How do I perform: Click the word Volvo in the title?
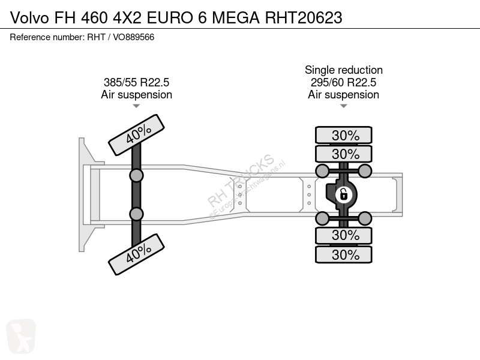coord(29,18)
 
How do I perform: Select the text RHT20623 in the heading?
coord(304,18)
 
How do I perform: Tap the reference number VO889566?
coord(133,37)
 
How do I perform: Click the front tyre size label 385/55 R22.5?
coord(137,82)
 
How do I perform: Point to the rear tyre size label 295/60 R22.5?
coord(343,82)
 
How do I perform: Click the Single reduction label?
coord(344,70)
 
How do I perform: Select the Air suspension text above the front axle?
coord(137,95)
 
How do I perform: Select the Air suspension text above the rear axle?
coord(343,95)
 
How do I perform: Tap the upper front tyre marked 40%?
coord(137,135)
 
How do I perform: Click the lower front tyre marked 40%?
coord(137,254)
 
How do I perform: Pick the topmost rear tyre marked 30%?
coord(344,135)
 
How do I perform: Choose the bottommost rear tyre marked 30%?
coord(344,254)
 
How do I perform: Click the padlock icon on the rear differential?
coord(343,194)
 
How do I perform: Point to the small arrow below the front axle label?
coord(136,106)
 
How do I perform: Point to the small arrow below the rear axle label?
coord(343,106)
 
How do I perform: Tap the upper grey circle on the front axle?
coord(137,176)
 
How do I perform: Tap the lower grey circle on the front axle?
coord(137,214)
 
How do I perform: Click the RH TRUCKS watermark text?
coord(241,181)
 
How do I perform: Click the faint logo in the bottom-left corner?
coord(21,336)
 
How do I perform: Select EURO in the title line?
coord(170,18)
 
